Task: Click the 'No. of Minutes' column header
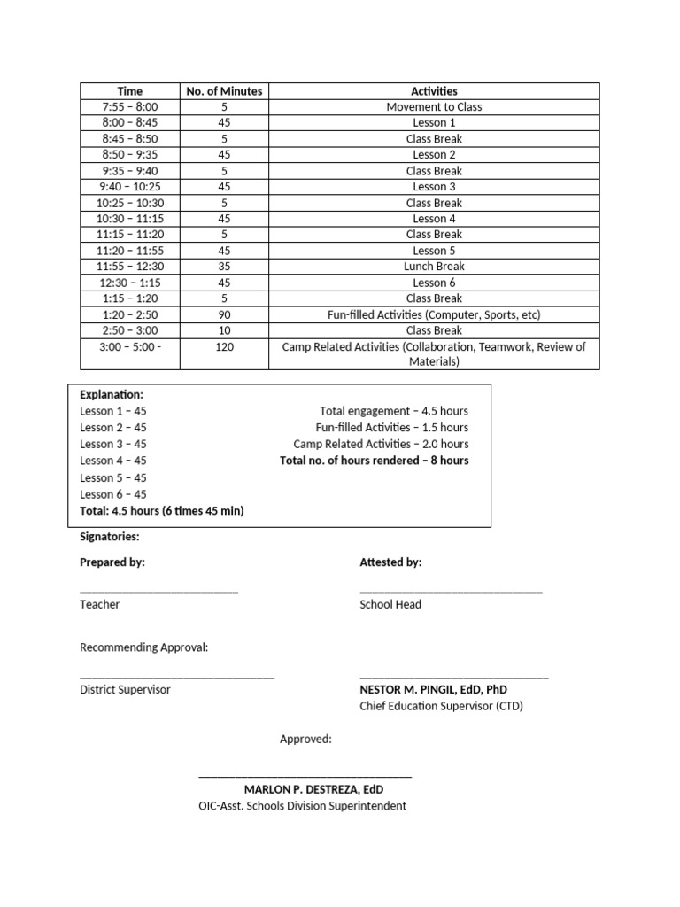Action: [x=224, y=91]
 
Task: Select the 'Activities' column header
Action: [x=434, y=91]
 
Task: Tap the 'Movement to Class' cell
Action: [x=434, y=107]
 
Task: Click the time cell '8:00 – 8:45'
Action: [x=130, y=123]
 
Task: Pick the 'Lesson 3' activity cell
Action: [x=434, y=187]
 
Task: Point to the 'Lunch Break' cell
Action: [x=434, y=267]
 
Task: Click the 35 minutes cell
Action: [x=224, y=267]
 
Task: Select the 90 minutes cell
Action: [x=224, y=314]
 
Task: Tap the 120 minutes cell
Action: [x=224, y=347]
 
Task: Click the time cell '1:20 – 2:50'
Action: [x=130, y=314]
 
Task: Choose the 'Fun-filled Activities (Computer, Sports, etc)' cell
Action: [x=434, y=314]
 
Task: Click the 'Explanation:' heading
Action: [x=112, y=394]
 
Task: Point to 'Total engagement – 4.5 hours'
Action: [x=394, y=411]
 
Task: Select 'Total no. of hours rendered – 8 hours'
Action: [x=374, y=461]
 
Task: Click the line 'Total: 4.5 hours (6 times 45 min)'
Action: [x=161, y=511]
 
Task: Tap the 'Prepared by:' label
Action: [x=112, y=562]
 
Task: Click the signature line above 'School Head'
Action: [x=451, y=591]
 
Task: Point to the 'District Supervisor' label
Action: [x=125, y=689]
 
